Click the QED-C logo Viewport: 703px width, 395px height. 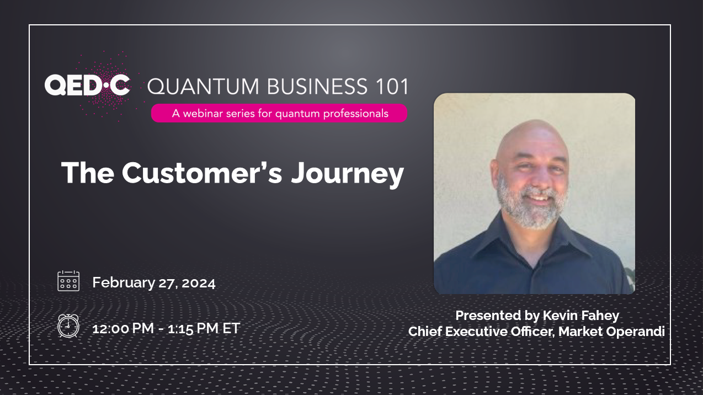pos(87,85)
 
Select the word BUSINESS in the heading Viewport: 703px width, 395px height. pos(317,86)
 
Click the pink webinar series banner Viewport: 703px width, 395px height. pos(279,113)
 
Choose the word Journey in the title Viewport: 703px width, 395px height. pos(348,174)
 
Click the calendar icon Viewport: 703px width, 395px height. pos(68,281)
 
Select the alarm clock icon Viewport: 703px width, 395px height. pos(68,326)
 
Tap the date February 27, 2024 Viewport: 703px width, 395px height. pos(154,282)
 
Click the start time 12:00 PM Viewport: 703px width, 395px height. pos(123,328)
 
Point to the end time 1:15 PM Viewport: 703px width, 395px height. pos(193,328)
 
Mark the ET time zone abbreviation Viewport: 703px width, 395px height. pos(231,328)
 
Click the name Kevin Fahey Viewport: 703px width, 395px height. pos(581,316)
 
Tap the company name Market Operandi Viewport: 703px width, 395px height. pos(611,332)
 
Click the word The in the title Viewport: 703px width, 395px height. pos(88,172)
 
